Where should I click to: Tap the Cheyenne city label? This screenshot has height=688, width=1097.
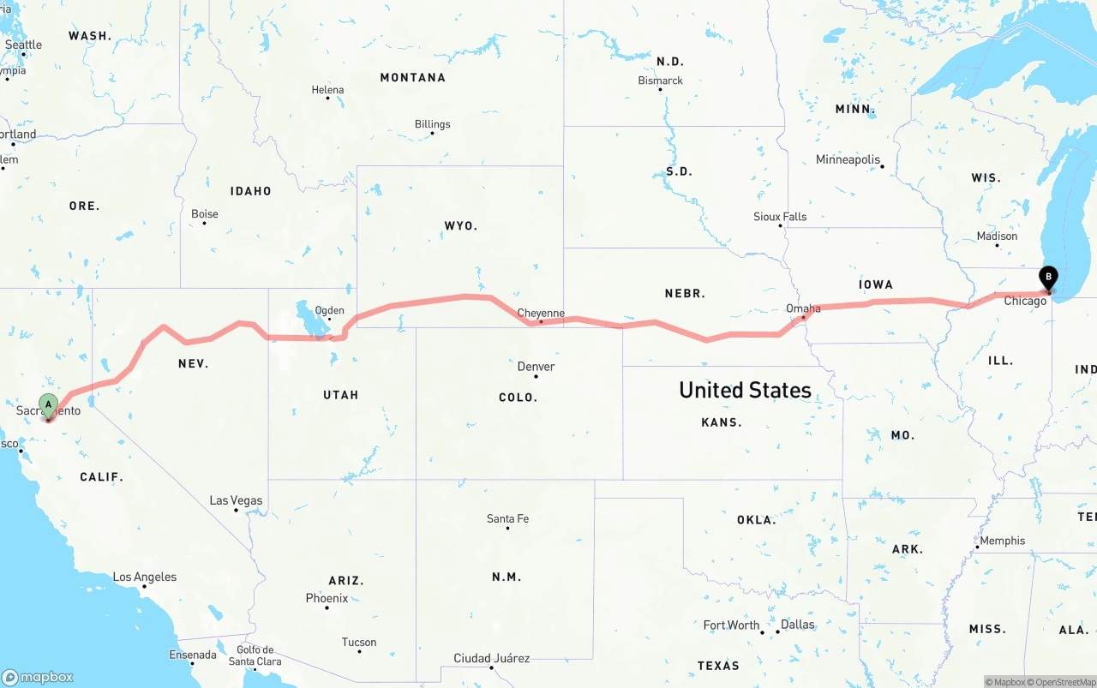[x=541, y=313]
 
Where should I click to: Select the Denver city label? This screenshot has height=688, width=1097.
[x=536, y=367]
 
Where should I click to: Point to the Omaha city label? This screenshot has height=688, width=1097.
[x=803, y=308]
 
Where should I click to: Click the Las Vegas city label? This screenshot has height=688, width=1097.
[x=237, y=500]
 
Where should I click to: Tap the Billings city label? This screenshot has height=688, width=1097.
[x=432, y=124]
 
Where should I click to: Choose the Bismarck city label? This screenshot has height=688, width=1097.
[x=660, y=81]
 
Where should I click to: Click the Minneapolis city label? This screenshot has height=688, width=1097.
[x=848, y=159]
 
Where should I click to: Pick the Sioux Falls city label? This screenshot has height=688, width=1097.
[x=780, y=217]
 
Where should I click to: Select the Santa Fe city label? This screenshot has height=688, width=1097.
[x=507, y=518]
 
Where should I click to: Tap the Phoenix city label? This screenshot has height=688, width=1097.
[x=327, y=598]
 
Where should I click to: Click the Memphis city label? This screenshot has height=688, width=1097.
[x=1003, y=541]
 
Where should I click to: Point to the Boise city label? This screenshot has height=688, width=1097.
[x=205, y=214]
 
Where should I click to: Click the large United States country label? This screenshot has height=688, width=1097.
[x=745, y=390]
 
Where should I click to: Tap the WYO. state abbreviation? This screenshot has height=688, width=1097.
[x=460, y=225]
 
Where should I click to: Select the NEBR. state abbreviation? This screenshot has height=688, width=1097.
[x=685, y=293]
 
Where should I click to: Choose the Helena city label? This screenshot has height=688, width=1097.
[x=327, y=90]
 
